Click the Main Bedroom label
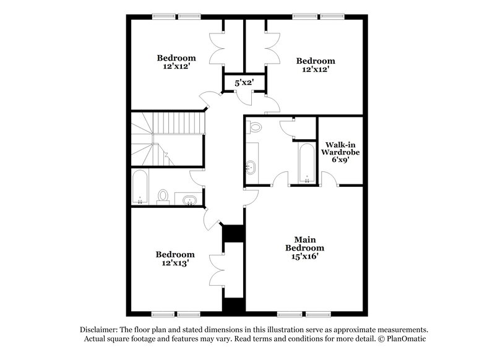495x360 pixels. [x=301, y=243]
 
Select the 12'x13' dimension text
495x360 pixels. [x=175, y=263]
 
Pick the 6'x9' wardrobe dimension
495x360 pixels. [x=340, y=159]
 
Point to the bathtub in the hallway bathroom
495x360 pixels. [x=140, y=187]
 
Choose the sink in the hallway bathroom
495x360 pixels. [x=190, y=199]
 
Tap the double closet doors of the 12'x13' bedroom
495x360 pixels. [x=217, y=270]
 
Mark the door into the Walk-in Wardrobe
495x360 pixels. [x=330, y=179]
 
